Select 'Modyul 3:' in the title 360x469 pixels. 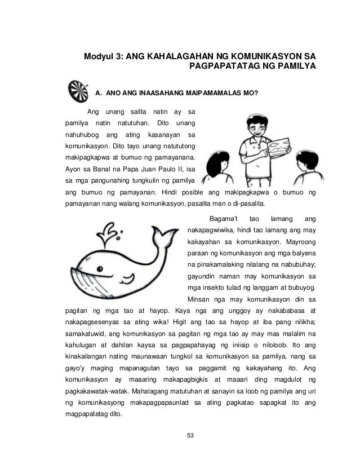click(104, 57)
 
